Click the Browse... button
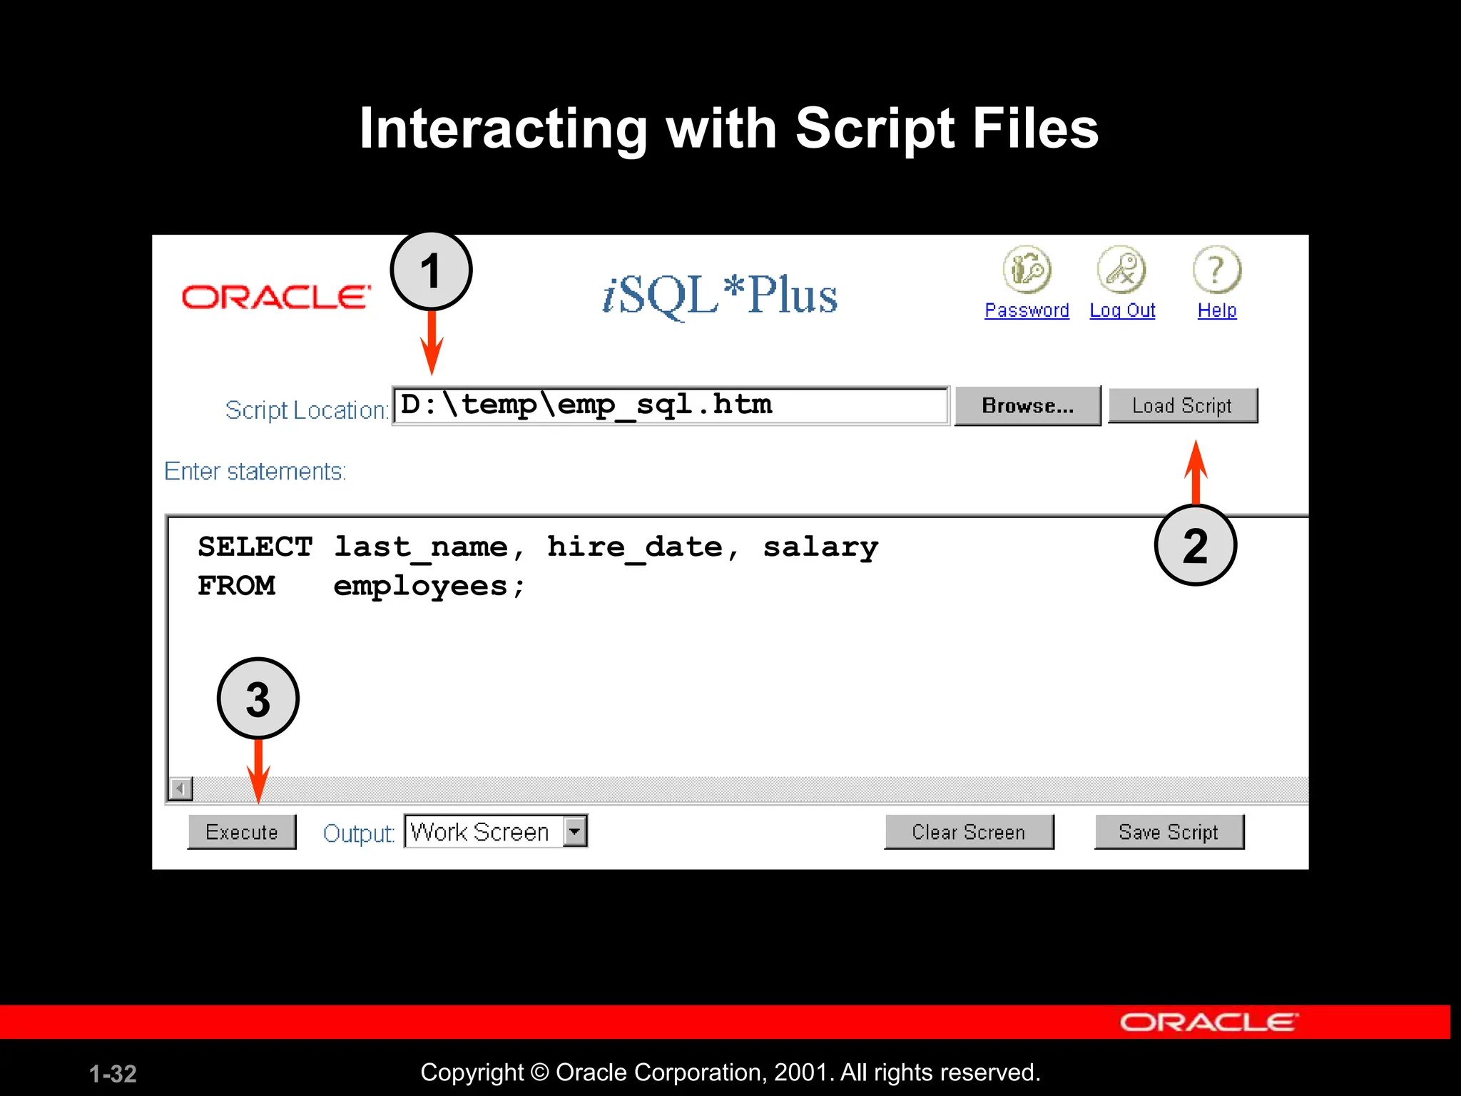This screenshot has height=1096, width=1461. coord(1027,406)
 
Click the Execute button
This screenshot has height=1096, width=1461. coord(242,832)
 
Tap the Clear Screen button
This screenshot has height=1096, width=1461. coord(968,832)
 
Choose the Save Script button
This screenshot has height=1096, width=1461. coord(1169,832)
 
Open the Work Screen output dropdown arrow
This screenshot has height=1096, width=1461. coord(574,831)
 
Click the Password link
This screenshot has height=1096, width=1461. coord(1027,310)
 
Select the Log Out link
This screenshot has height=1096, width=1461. coord(1122,310)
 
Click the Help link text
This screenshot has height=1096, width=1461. coord(1216,310)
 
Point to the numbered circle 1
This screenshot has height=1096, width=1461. coord(431,271)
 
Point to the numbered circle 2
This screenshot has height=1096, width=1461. coord(1195,545)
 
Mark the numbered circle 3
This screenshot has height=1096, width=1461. coord(258,699)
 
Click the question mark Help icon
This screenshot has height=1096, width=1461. coord(1216,270)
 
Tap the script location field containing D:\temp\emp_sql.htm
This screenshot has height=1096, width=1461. coord(671,405)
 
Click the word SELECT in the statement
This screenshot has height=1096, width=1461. coord(255,547)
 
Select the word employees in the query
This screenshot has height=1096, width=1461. coord(421,587)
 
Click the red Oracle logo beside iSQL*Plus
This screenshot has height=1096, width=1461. coord(276,297)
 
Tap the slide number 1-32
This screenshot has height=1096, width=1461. coord(113,1074)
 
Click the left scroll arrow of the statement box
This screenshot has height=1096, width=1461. coord(180,788)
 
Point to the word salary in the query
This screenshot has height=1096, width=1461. coord(820,547)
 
